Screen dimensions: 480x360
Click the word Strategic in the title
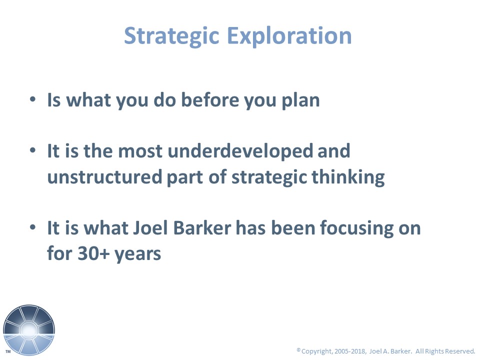(171, 36)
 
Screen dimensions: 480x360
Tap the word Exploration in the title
(289, 36)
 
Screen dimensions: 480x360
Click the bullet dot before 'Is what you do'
(33, 99)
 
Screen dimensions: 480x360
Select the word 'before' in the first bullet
(209, 100)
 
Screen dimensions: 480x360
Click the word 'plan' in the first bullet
(300, 101)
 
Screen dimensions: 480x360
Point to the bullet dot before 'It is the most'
(33, 150)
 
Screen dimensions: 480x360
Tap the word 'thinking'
(348, 177)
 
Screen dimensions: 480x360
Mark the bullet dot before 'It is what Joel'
(33, 227)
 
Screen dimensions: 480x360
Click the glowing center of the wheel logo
(29, 330)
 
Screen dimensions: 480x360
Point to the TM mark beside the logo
(8, 351)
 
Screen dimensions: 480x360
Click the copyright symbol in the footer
(298, 349)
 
